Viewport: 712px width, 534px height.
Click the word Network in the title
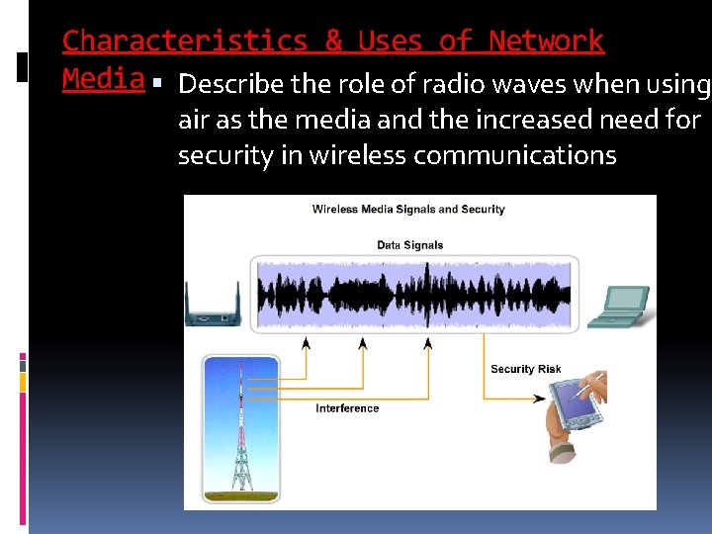point(546,41)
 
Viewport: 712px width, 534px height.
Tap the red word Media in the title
point(103,78)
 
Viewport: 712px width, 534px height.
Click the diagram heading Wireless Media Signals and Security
point(408,210)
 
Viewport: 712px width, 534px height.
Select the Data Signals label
point(409,245)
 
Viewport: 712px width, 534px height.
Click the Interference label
point(347,408)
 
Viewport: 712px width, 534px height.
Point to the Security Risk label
point(525,369)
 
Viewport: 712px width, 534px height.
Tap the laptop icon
point(619,307)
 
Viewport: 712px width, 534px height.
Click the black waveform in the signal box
point(413,294)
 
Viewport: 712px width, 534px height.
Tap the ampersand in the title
point(333,41)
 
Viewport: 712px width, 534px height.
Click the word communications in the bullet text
point(514,156)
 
